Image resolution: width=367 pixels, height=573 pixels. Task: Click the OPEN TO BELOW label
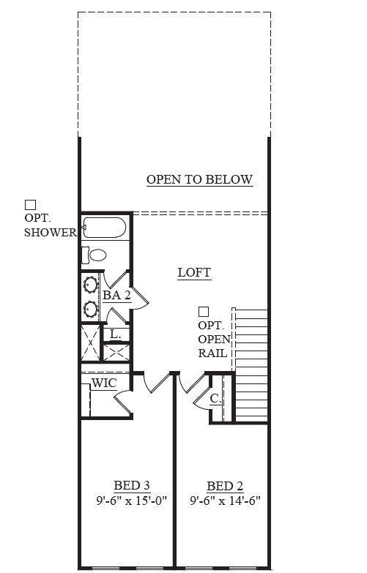[x=199, y=179]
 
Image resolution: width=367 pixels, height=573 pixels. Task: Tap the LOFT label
[x=194, y=273]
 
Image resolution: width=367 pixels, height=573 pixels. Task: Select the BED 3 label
[x=132, y=485]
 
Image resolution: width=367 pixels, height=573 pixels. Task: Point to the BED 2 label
[x=225, y=486]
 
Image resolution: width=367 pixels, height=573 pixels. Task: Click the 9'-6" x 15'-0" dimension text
[x=132, y=501]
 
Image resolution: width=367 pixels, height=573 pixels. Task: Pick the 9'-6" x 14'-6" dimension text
[x=225, y=501]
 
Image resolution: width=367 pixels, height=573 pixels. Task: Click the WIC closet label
[x=104, y=383]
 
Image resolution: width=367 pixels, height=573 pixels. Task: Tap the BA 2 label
[x=116, y=295]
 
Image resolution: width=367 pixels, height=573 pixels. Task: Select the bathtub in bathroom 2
[x=104, y=228]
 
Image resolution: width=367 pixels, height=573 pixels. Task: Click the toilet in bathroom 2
[x=94, y=255]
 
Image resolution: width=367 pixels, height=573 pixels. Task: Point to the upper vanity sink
[x=90, y=285]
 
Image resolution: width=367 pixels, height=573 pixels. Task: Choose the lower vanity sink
[x=90, y=309]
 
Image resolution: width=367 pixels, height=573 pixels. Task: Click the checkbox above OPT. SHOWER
[x=30, y=205]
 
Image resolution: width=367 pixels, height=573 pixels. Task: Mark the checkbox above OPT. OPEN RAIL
[x=204, y=312]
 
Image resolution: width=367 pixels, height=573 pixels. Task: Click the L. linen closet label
[x=115, y=334]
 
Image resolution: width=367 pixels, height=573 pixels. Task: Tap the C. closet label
[x=215, y=398]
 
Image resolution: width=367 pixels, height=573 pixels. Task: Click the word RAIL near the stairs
[x=213, y=353]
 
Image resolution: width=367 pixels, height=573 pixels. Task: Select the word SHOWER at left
[x=51, y=232]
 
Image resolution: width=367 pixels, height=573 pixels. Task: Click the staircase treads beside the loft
[x=251, y=365]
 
